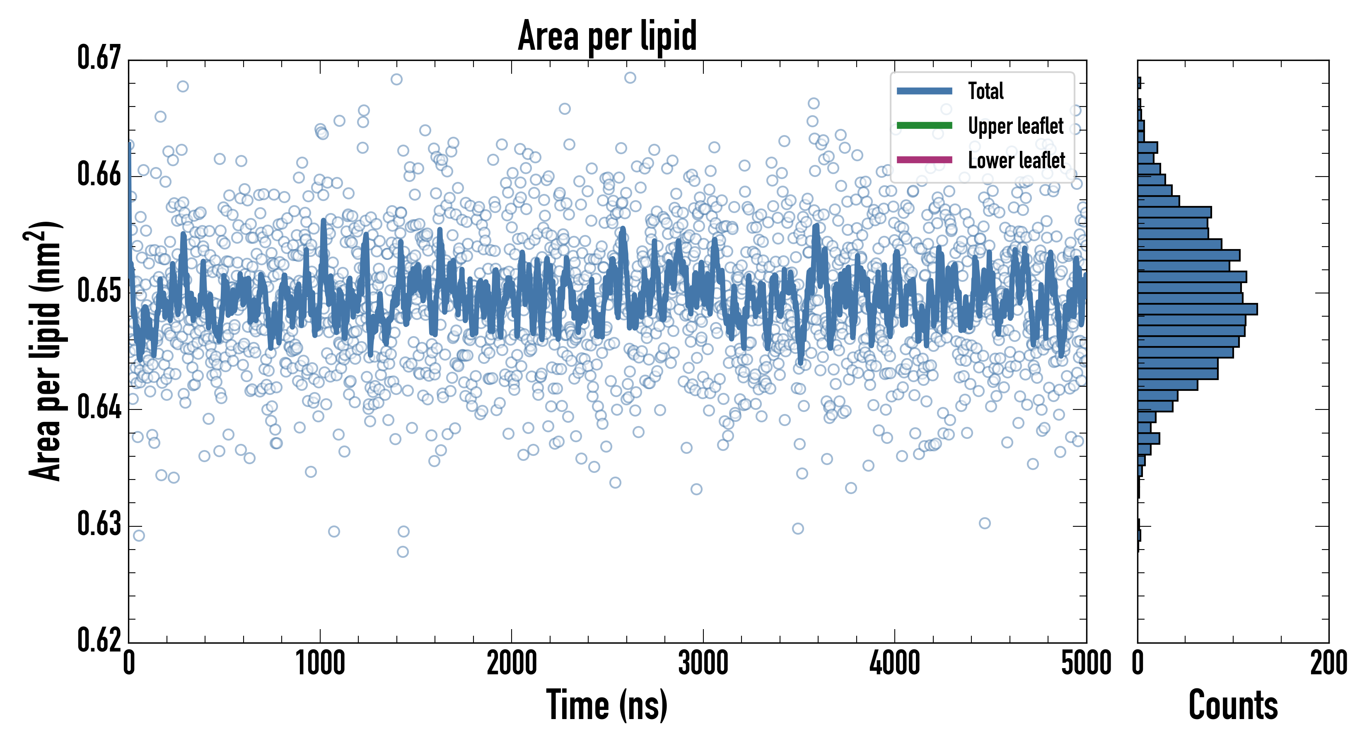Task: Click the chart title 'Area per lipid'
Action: pos(607,36)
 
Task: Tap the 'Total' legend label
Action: pos(985,91)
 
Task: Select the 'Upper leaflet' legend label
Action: pos(1016,126)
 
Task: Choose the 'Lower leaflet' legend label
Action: pos(1016,160)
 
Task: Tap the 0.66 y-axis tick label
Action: pos(99,174)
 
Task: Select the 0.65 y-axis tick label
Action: pos(99,291)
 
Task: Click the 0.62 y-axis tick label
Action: pos(99,640)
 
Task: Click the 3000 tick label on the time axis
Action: pos(703,664)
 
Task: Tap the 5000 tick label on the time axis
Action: pos(1086,664)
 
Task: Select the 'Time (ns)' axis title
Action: pos(607,705)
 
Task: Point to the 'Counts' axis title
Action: pos(1233,705)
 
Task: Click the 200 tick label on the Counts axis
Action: pos(1328,664)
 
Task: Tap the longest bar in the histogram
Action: pos(1197,309)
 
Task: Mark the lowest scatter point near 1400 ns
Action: pos(403,552)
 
